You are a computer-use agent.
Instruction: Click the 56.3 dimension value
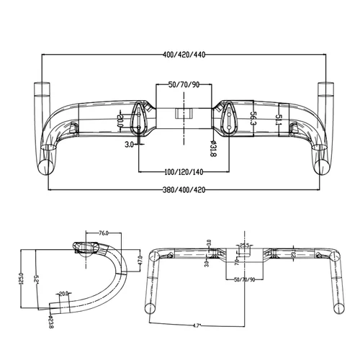[253, 118]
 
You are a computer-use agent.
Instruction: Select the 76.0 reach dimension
[103, 233]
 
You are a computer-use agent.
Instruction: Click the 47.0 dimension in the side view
[140, 261]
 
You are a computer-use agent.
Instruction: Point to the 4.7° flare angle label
[195, 325]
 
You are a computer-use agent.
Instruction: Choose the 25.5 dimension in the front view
[244, 247]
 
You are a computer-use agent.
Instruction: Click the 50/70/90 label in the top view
[184, 84]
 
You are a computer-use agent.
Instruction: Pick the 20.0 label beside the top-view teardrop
[121, 123]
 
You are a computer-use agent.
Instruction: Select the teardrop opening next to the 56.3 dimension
[231, 119]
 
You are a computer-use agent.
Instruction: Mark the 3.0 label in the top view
[129, 145]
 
